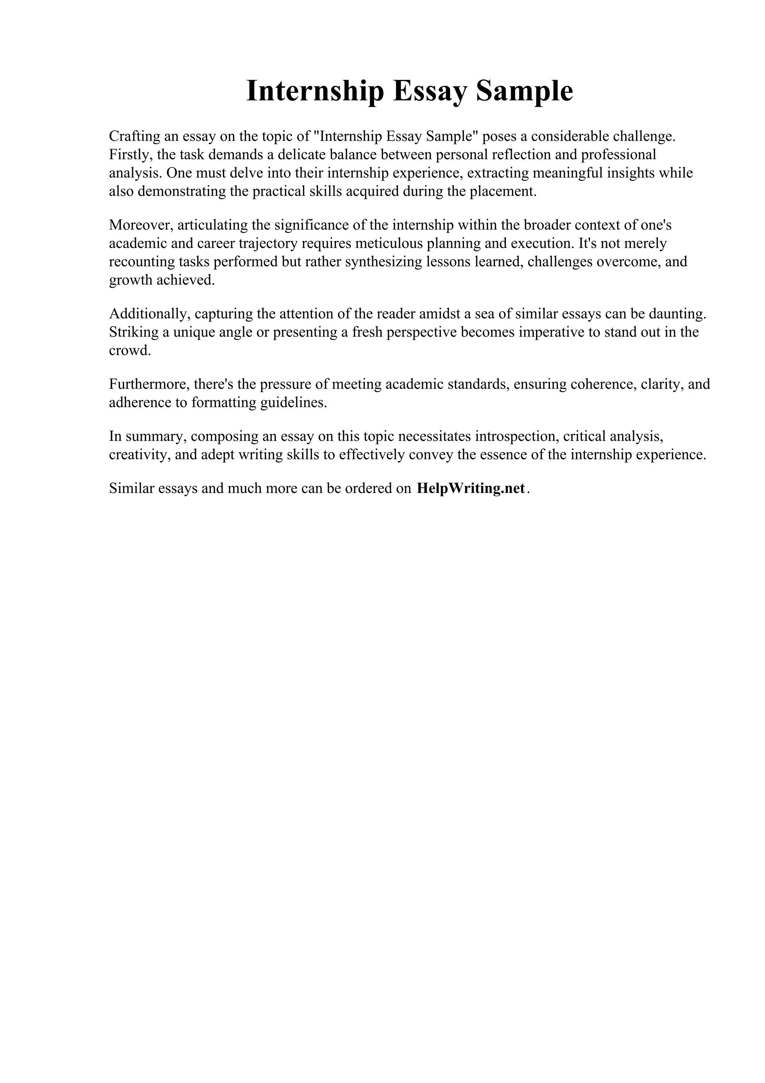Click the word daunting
(x=678, y=314)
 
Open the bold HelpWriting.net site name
(x=470, y=489)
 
